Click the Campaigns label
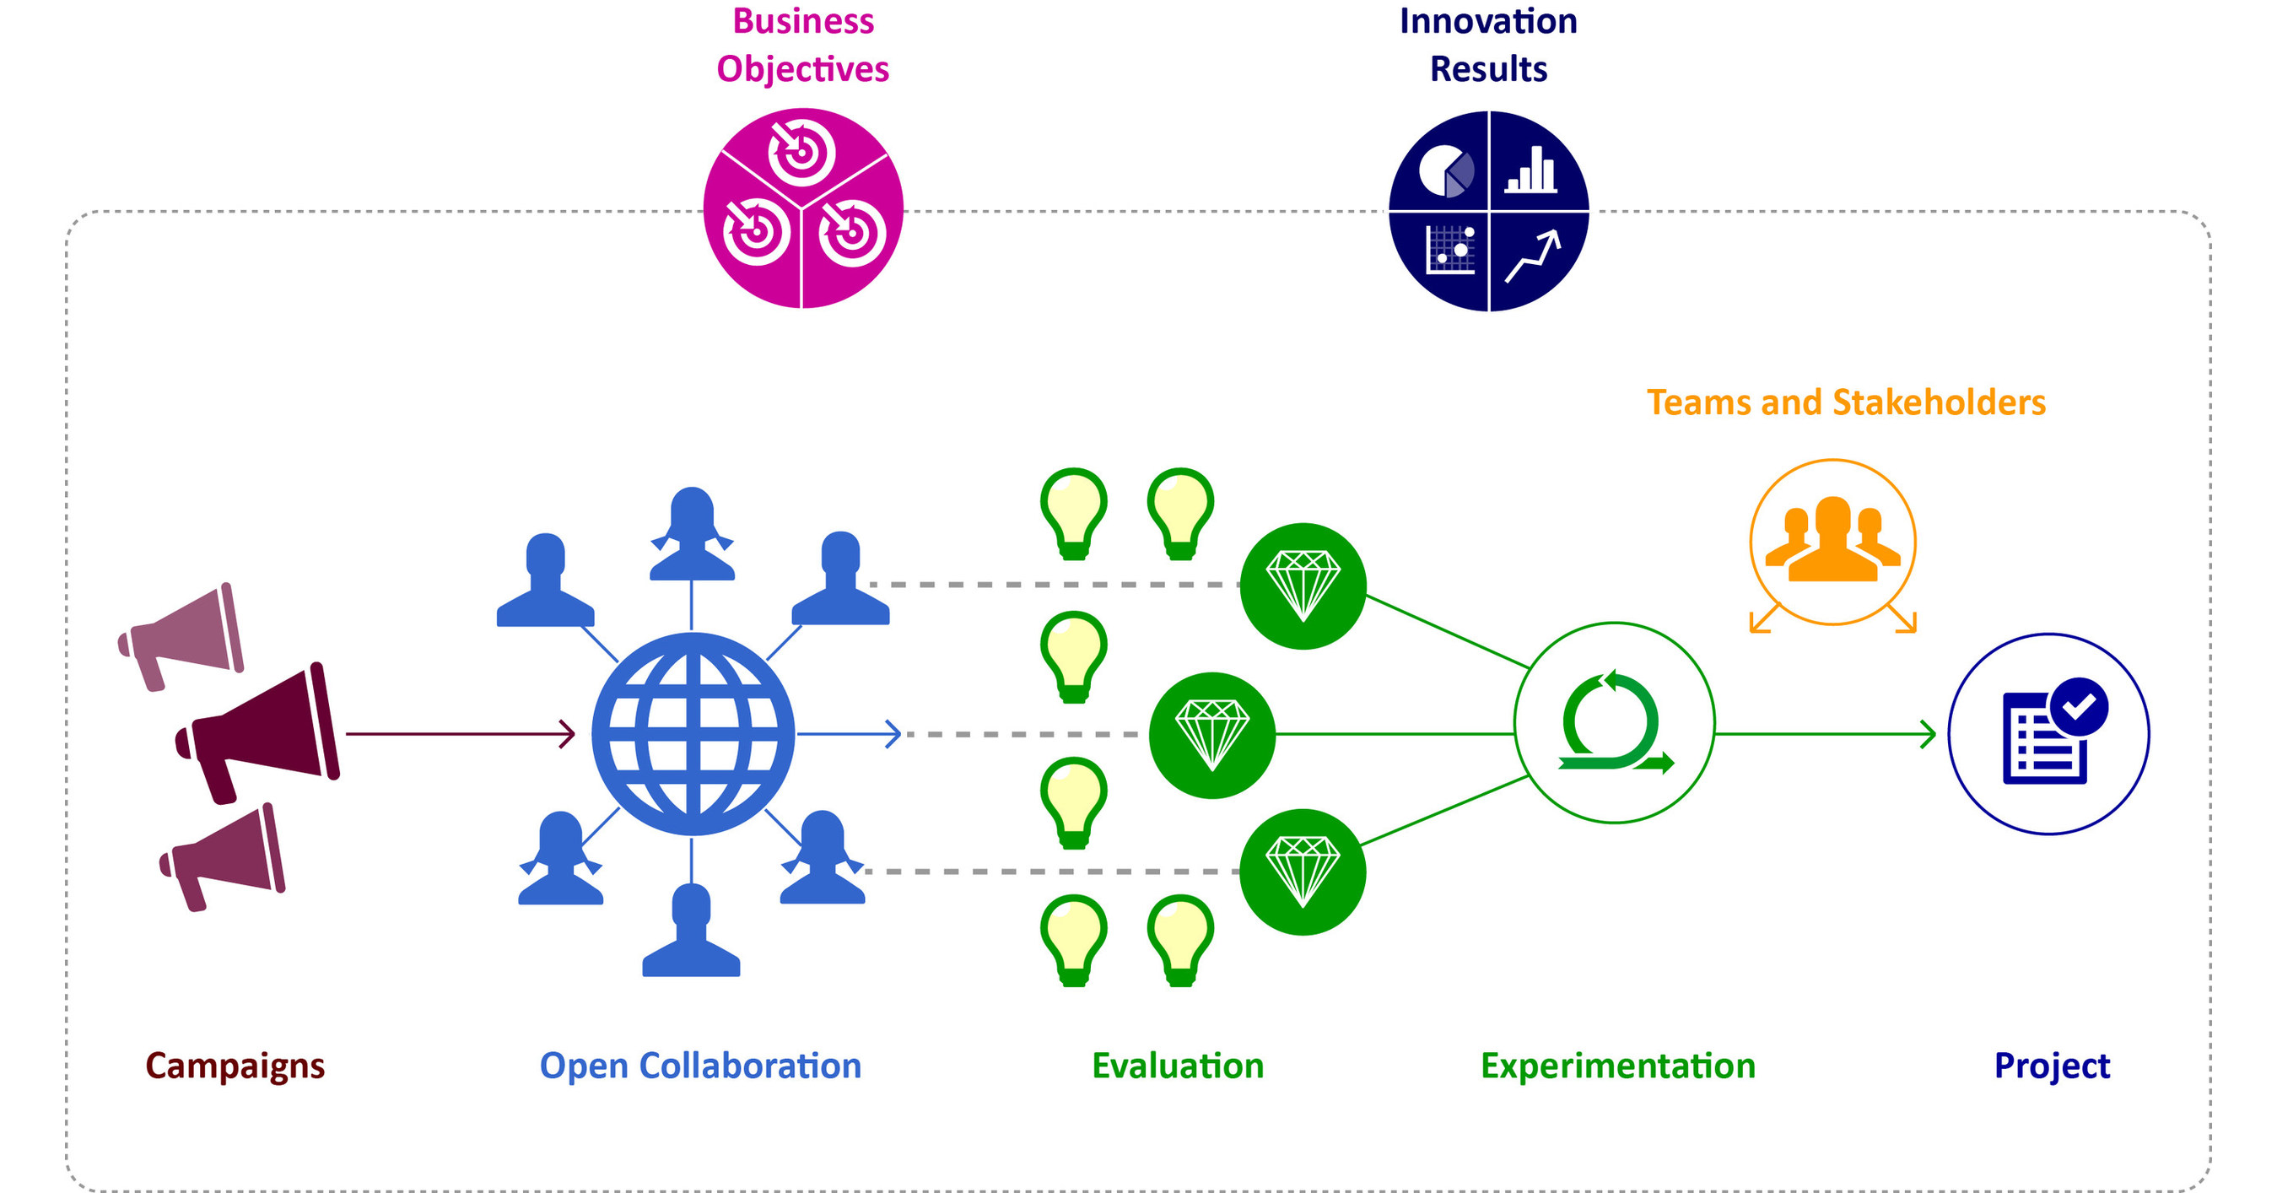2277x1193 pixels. pyautogui.click(x=235, y=1066)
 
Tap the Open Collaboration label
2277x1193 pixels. pyautogui.click(x=700, y=1066)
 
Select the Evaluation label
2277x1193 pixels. pyautogui.click(x=1178, y=1066)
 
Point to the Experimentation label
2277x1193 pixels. pyautogui.click(x=1617, y=1066)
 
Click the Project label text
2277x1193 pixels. pyautogui.click(x=2052, y=1066)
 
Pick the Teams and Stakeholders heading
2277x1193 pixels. pyautogui.click(x=1846, y=403)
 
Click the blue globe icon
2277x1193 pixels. pyautogui.click(x=693, y=733)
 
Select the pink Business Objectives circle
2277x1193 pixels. pyautogui.click(x=802, y=208)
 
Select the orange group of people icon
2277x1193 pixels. pyautogui.click(x=1832, y=541)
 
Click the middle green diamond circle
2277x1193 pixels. pyautogui.click(x=1211, y=735)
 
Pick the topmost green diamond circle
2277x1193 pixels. pyautogui.click(x=1303, y=586)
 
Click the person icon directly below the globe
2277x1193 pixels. pyautogui.click(x=691, y=932)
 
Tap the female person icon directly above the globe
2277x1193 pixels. pyautogui.click(x=692, y=535)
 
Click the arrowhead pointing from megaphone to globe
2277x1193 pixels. pyautogui.click(x=569, y=733)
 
